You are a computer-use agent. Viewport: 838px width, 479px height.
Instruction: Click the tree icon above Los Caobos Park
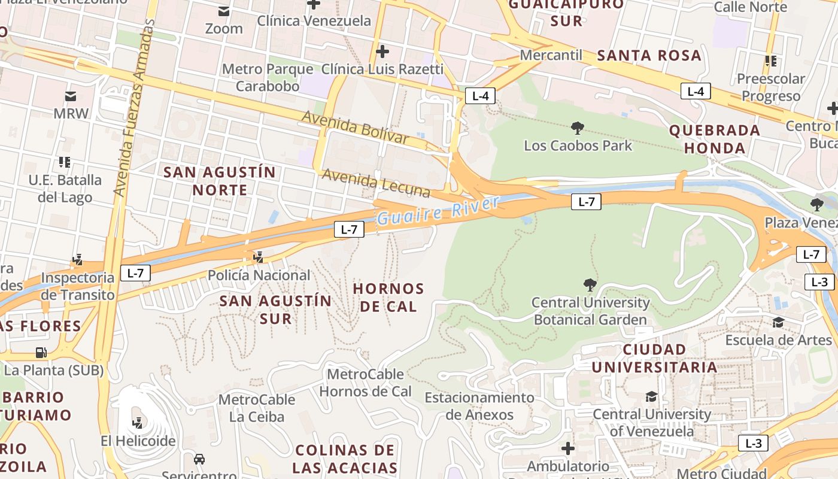(x=578, y=128)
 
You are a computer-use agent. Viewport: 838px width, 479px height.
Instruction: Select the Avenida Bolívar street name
(x=355, y=126)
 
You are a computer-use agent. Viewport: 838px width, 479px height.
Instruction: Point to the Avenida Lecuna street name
(x=376, y=183)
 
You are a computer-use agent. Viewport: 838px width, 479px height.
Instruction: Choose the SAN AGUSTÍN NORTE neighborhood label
(x=220, y=181)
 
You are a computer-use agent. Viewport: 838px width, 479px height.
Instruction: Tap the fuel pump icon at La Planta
(x=41, y=353)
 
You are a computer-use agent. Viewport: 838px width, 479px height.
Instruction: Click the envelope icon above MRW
(x=71, y=96)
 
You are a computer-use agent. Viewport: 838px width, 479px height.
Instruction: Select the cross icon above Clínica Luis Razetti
(x=382, y=51)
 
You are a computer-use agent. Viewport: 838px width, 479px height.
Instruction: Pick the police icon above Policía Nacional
(x=259, y=257)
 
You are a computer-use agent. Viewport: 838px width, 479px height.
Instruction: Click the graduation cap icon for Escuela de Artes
(x=778, y=323)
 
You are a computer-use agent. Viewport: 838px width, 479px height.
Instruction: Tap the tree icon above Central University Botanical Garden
(x=590, y=285)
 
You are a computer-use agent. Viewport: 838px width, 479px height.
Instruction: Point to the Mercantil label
(x=551, y=55)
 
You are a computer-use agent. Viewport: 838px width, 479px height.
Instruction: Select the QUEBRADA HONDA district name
(x=715, y=139)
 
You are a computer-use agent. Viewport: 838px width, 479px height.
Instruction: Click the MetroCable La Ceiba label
(x=256, y=408)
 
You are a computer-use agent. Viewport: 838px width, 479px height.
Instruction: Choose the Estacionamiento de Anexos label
(x=479, y=406)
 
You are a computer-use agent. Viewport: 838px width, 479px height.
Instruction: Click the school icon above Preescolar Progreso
(x=770, y=61)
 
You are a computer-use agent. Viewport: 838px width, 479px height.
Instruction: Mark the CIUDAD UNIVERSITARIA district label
(x=654, y=358)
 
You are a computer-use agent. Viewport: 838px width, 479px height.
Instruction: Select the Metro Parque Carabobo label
(x=268, y=77)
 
